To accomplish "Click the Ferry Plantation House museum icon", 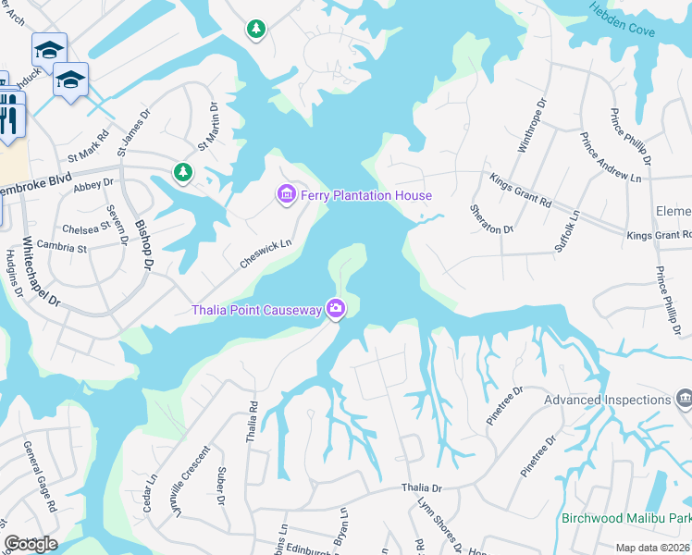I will pos(287,194).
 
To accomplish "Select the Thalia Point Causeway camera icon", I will pos(336,309).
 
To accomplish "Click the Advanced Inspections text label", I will pos(607,400).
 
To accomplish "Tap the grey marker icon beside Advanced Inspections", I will pos(684,399).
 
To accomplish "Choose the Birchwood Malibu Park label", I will pos(625,518).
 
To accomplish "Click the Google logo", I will pos(31,544).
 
